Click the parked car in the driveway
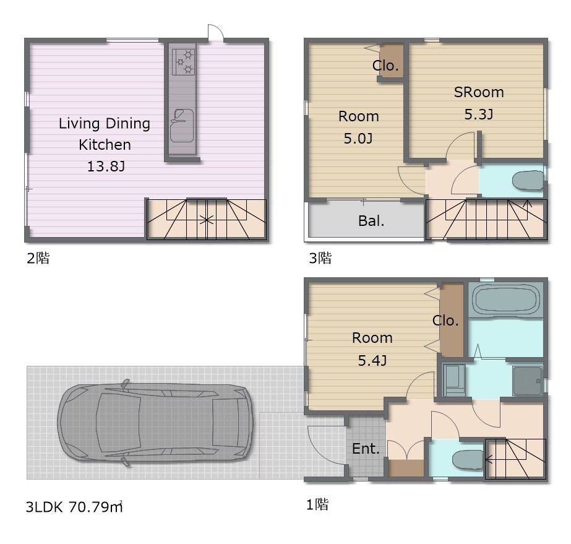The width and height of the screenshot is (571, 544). click(x=155, y=423)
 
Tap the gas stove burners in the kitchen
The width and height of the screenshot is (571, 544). click(x=183, y=62)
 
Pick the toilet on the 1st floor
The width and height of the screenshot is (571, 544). click(x=468, y=459)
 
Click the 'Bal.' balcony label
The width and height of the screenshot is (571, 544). click(x=371, y=221)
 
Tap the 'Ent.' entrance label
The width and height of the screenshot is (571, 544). click(x=366, y=448)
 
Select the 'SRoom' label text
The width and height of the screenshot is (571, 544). click(x=479, y=92)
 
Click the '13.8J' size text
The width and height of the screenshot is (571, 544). click(x=106, y=166)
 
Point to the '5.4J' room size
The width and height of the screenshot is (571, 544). click(x=372, y=360)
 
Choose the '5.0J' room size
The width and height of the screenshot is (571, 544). click(x=358, y=139)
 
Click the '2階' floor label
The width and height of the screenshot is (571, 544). click(x=38, y=258)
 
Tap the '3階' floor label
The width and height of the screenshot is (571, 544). click(x=320, y=258)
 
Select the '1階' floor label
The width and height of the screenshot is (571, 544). click(x=317, y=504)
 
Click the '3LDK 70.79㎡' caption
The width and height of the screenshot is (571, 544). click(x=74, y=507)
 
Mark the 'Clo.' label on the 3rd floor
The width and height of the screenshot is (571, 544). click(x=385, y=66)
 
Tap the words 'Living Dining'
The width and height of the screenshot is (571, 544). click(x=105, y=124)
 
